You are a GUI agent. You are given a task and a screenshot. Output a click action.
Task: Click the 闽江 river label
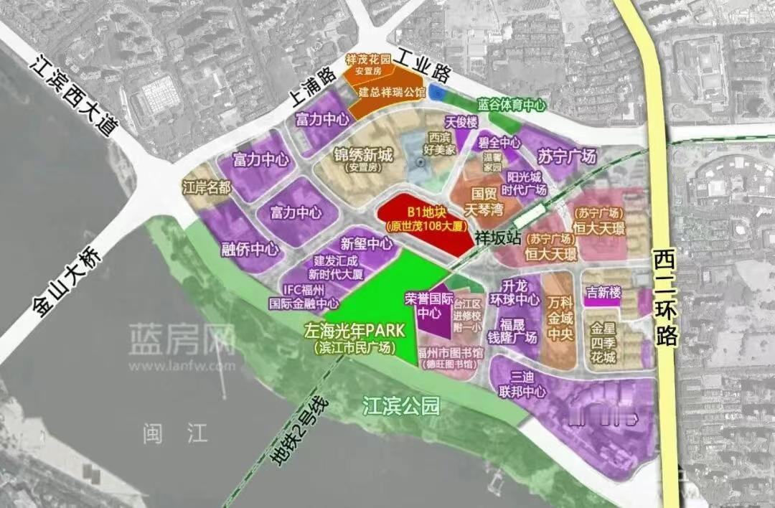click(x=175, y=433)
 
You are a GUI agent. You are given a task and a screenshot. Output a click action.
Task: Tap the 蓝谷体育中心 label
click(x=512, y=104)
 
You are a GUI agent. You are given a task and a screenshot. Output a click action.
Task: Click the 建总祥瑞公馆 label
click(x=392, y=93)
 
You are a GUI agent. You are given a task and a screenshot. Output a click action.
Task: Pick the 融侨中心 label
click(x=250, y=249)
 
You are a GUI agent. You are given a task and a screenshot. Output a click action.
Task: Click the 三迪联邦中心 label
click(x=516, y=384)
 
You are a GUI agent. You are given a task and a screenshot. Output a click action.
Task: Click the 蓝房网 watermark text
click(x=182, y=338)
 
